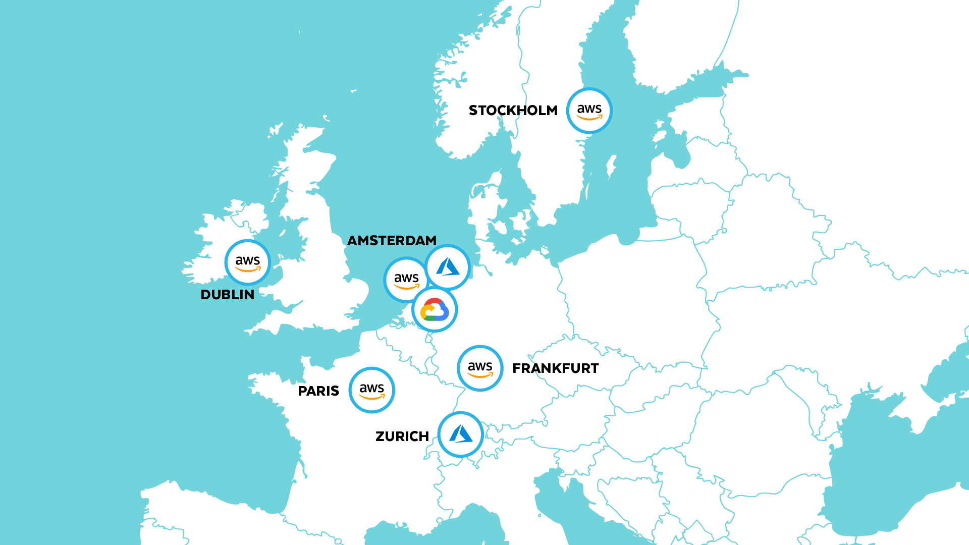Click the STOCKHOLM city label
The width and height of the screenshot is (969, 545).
[x=513, y=111]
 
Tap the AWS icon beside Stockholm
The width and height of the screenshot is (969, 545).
[x=589, y=111]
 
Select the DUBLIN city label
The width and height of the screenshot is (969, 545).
[x=227, y=295]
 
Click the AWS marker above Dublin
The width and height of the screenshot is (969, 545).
[x=247, y=262]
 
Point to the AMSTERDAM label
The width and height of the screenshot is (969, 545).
[x=392, y=241]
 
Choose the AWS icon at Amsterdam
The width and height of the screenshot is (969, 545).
[x=406, y=280]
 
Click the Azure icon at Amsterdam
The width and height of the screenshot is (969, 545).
[x=448, y=267]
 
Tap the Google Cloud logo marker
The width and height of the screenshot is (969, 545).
[x=435, y=309]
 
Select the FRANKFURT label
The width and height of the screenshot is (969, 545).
[x=555, y=368]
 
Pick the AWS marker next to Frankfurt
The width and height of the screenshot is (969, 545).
[x=480, y=368]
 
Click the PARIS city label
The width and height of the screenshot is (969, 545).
[x=318, y=391]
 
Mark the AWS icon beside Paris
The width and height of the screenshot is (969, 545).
[x=371, y=390]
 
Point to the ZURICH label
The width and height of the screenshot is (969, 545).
[x=402, y=437]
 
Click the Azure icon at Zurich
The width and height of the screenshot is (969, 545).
[x=460, y=434]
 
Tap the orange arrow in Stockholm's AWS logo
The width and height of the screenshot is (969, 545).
[x=589, y=118]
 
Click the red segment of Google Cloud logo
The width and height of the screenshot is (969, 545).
[x=433, y=302]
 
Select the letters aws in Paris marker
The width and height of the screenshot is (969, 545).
[x=371, y=388]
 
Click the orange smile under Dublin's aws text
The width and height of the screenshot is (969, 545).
[x=247, y=269]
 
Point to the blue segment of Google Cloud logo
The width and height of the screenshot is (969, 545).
[x=444, y=312]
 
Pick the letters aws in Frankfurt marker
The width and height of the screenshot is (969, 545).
[x=480, y=366]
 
